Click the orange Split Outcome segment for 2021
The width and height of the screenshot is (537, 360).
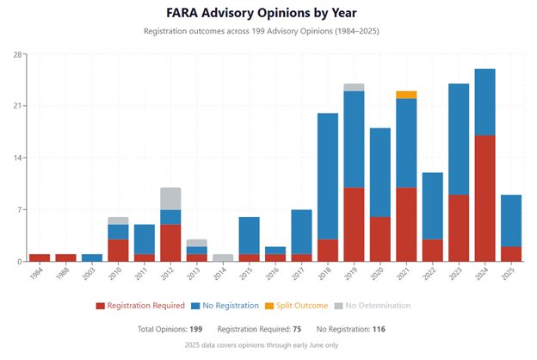[406, 95]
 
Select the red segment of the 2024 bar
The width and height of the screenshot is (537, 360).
[485, 198]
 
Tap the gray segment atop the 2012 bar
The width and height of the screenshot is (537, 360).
[170, 199]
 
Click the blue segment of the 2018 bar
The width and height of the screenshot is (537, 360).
[328, 177]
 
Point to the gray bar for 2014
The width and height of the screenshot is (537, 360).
[223, 258]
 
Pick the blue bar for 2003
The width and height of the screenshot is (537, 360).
[92, 258]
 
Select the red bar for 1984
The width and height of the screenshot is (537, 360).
[40, 258]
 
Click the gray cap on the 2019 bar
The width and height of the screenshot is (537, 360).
[354, 88]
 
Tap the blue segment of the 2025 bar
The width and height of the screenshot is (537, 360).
[511, 220]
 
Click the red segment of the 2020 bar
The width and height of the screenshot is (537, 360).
[380, 239]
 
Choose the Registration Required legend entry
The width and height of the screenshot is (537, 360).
[140, 306]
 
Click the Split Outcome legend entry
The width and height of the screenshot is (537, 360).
[297, 306]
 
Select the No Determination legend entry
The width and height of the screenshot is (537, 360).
[373, 306]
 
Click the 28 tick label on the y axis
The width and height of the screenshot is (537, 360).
[17, 55]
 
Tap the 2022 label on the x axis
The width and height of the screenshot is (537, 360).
[429, 274]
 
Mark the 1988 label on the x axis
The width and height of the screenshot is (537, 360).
[63, 274]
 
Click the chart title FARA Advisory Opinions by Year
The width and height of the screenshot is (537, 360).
[262, 13]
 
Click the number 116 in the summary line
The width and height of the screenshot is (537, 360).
[379, 329]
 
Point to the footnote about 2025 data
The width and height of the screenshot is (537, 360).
[262, 345]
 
